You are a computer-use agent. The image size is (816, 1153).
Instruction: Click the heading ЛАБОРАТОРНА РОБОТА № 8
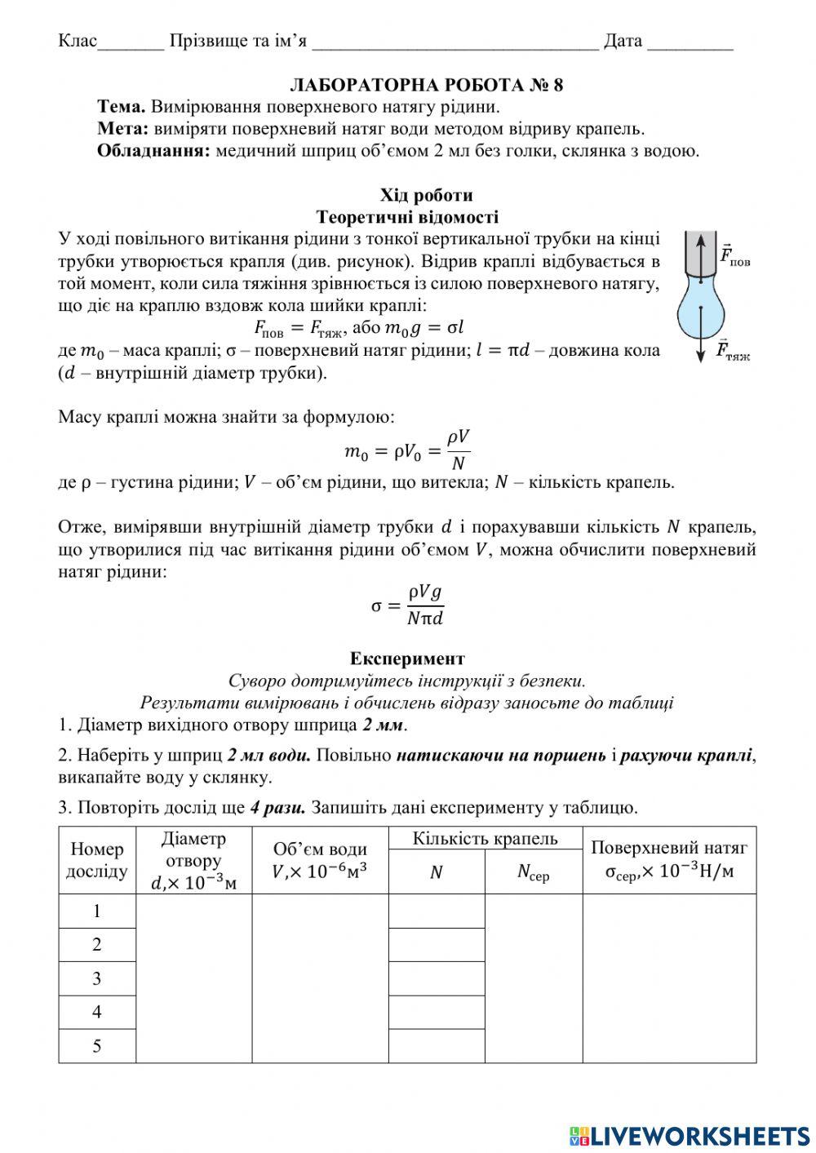(426, 85)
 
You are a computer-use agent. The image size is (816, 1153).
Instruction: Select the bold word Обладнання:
(154, 151)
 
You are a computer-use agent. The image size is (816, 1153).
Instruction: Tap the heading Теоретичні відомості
(407, 217)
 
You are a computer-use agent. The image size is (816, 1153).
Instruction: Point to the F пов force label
(734, 255)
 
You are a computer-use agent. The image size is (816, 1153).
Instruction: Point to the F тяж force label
(733, 352)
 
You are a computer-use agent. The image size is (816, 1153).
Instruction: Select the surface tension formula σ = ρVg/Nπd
(407, 605)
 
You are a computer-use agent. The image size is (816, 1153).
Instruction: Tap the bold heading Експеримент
(407, 659)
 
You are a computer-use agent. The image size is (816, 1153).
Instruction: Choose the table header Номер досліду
(97, 860)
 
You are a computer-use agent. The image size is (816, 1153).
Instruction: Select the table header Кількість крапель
(485, 839)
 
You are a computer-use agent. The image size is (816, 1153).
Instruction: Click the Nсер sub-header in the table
(534, 872)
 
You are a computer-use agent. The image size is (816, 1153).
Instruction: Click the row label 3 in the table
(97, 978)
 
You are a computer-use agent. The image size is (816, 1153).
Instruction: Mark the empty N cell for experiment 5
(437, 1046)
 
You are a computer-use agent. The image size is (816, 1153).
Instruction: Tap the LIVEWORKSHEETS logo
(690, 1135)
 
